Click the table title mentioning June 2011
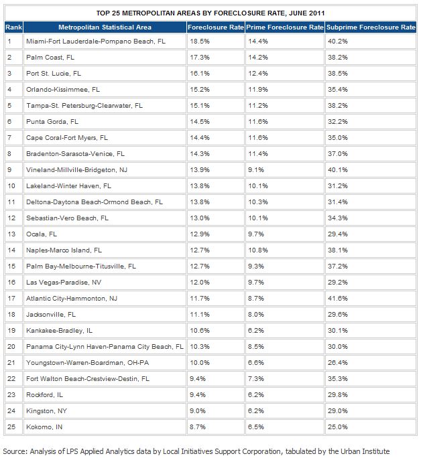point(210,13)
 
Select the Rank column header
point(11,27)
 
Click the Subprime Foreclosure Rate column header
point(371,27)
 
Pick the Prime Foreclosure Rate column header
point(284,27)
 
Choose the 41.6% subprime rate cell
point(338,298)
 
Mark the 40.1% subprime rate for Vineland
point(338,169)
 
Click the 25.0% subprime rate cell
point(338,427)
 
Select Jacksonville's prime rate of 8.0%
point(255,314)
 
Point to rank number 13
point(10,234)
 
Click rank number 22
point(10,378)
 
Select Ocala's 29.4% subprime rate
point(338,234)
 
